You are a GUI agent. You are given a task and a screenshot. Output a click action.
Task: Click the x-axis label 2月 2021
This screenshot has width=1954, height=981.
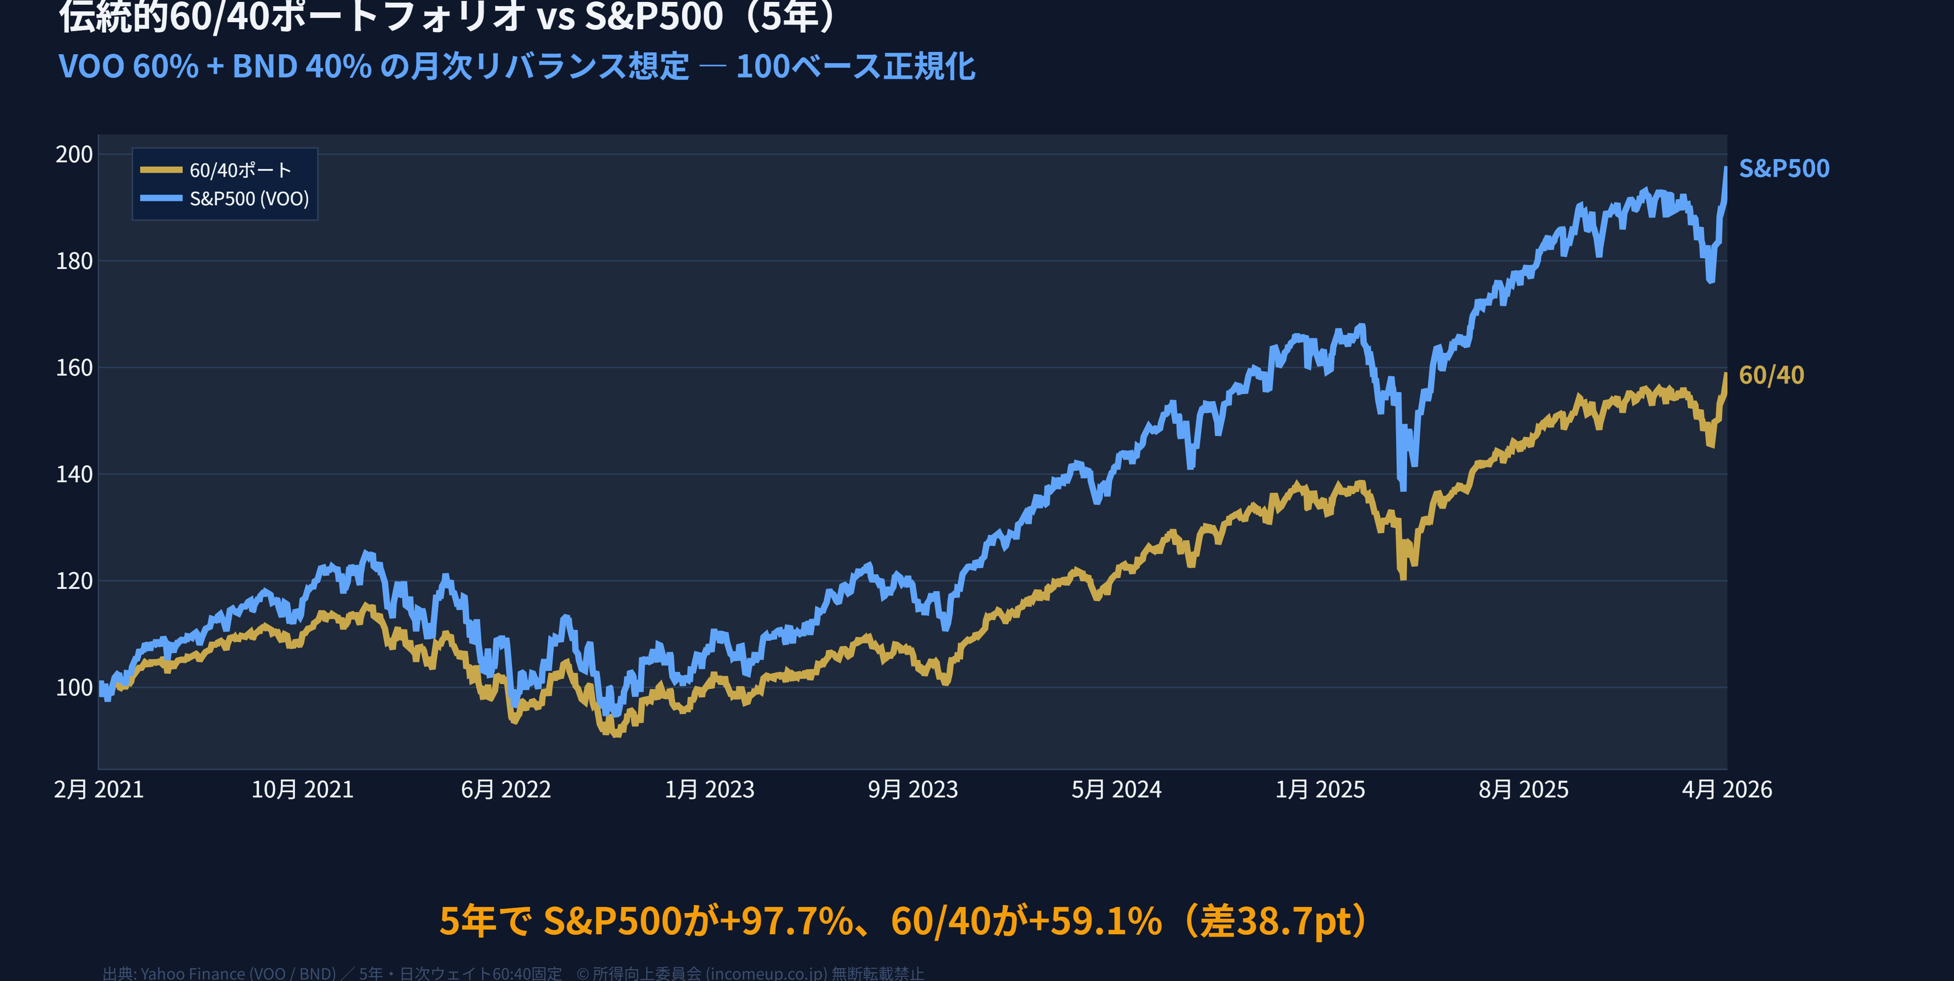(x=99, y=790)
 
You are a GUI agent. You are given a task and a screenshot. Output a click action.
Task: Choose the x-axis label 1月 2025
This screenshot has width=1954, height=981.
(x=1320, y=790)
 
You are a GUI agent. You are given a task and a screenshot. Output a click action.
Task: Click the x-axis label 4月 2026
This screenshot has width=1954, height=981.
(x=1727, y=790)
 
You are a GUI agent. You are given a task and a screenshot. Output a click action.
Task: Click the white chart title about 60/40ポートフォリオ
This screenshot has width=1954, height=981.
(x=447, y=17)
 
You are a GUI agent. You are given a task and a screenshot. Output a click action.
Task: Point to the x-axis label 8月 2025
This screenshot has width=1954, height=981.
(x=1523, y=790)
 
